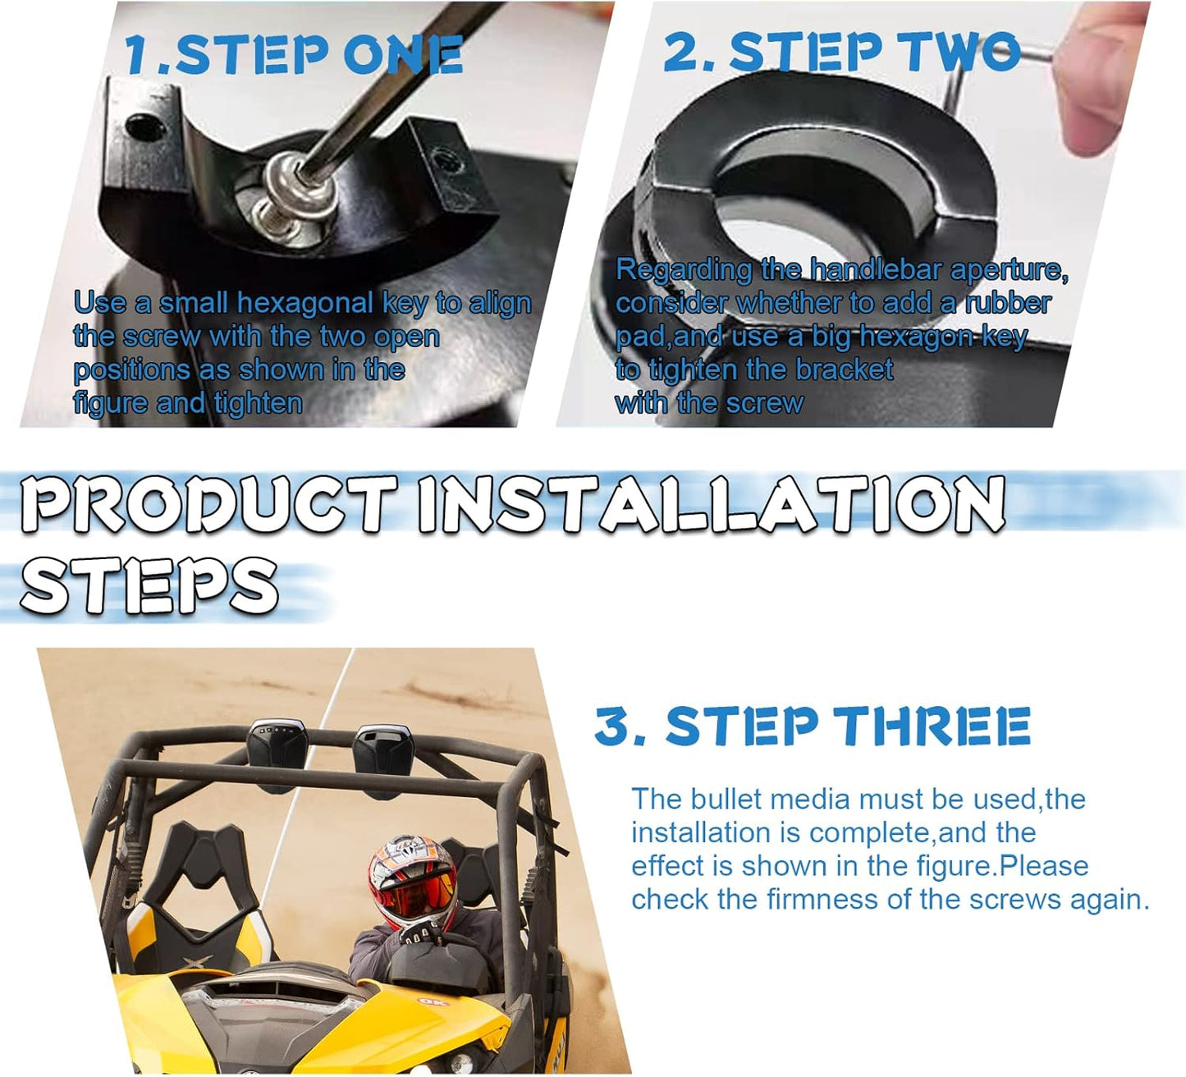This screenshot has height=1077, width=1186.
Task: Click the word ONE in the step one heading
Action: (x=403, y=54)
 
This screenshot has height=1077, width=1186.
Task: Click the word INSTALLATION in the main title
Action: (x=712, y=504)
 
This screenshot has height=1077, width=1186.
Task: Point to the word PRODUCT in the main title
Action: (x=209, y=504)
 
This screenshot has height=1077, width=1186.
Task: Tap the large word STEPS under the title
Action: (x=149, y=585)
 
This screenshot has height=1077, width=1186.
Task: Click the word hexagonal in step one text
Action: (x=305, y=304)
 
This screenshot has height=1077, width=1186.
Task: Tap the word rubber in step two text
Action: (x=1008, y=304)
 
